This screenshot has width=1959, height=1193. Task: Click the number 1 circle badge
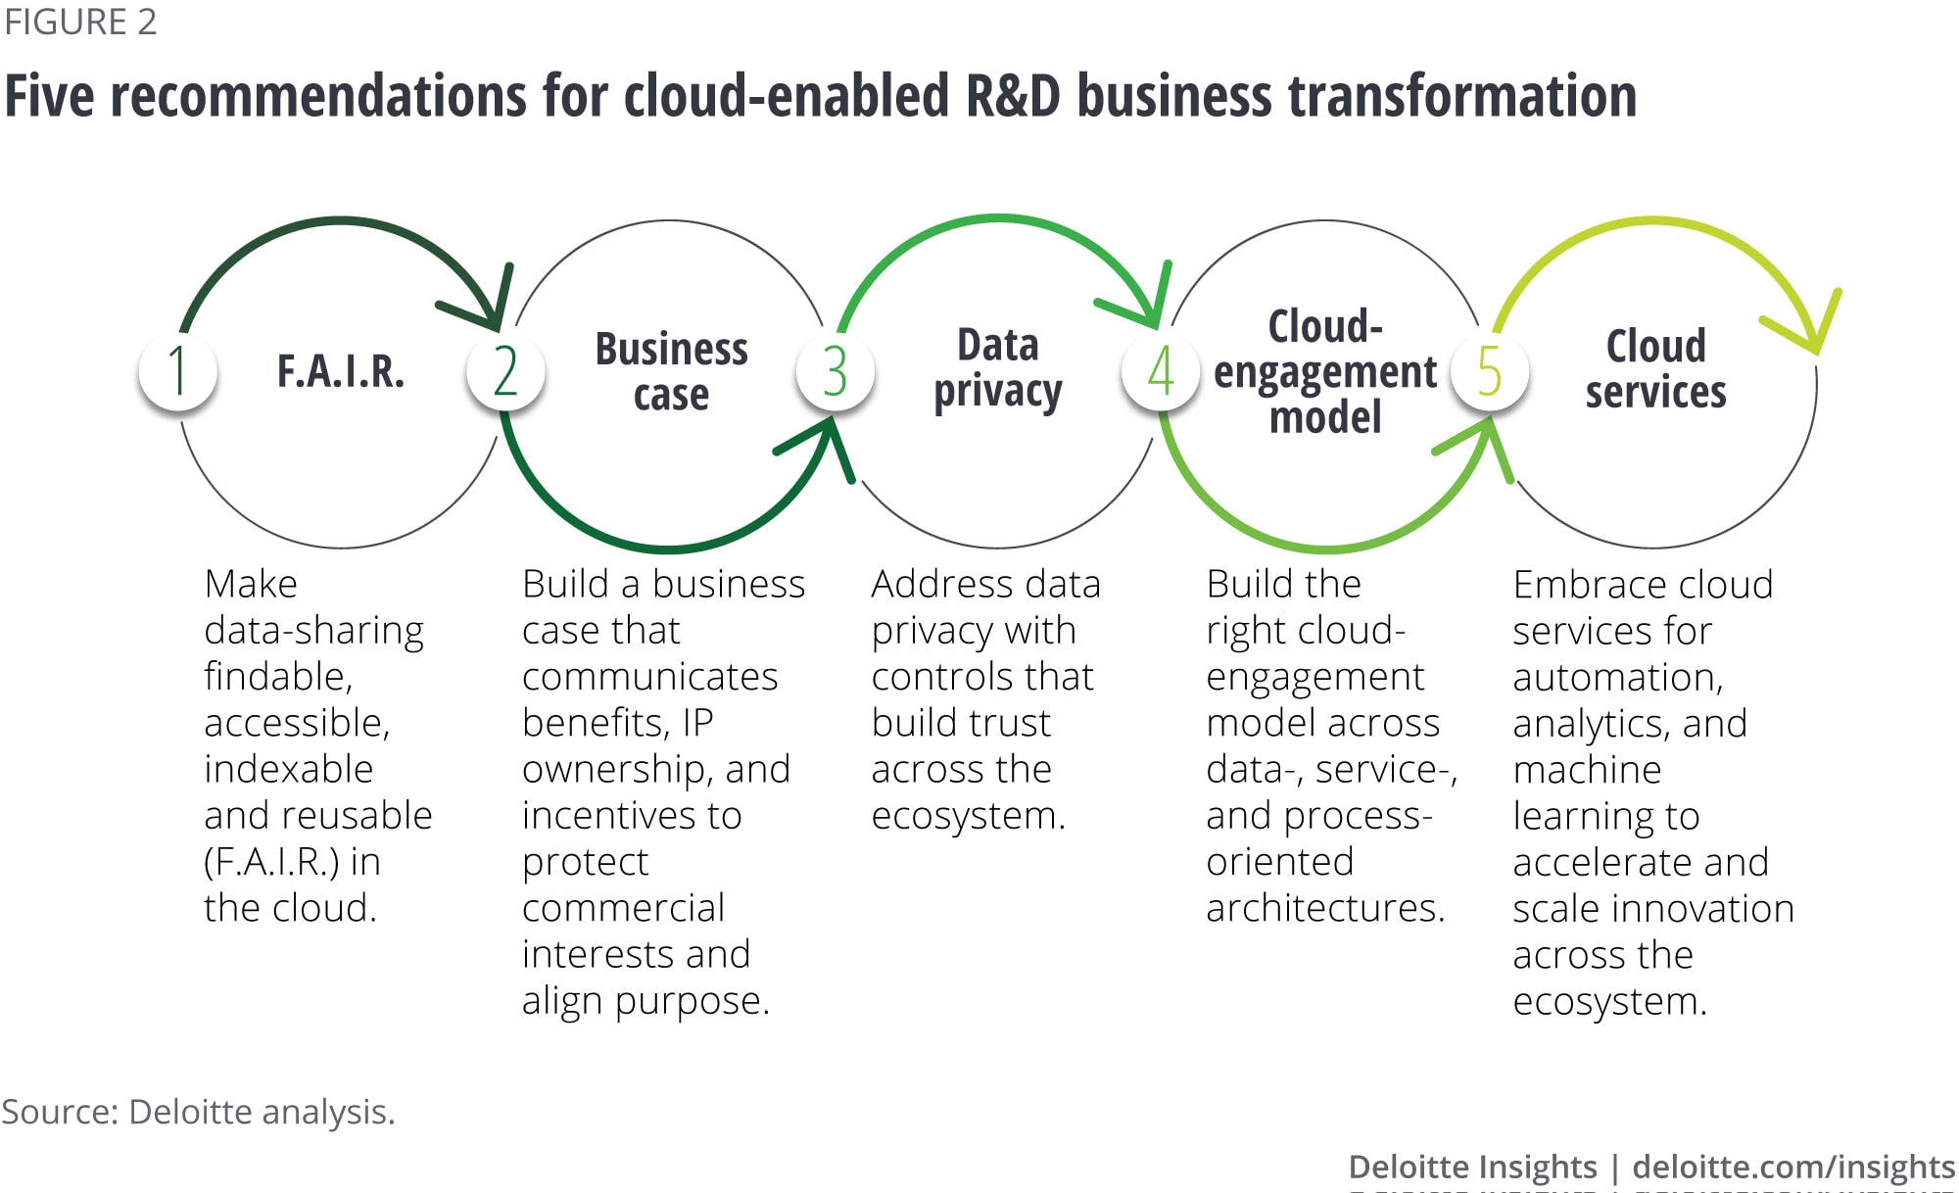click(x=177, y=371)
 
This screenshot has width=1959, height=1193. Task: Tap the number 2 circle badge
click(x=505, y=371)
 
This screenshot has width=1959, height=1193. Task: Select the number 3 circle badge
click(x=835, y=371)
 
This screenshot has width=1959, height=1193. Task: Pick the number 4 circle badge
click(x=1161, y=371)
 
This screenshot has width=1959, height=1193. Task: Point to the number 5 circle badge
click(x=1489, y=371)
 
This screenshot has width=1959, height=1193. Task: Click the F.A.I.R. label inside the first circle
click(x=340, y=371)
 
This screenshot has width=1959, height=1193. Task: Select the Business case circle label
click(x=671, y=371)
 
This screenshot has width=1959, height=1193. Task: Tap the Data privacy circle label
click(x=997, y=368)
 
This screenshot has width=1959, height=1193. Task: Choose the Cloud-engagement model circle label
click(x=1325, y=371)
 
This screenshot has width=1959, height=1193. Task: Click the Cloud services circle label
click(x=1655, y=368)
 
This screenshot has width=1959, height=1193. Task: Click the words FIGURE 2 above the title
click(x=80, y=22)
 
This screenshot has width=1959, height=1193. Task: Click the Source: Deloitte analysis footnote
click(x=198, y=1112)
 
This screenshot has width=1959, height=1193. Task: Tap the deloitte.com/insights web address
click(x=1793, y=1167)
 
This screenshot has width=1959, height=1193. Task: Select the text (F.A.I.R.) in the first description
click(x=271, y=862)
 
